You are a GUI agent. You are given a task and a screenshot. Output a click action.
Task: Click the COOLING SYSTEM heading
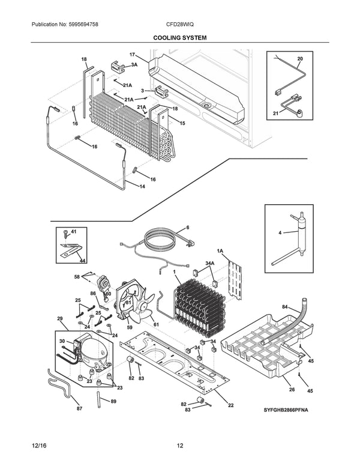[180, 37]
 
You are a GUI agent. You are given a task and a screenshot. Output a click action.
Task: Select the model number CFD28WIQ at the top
[180, 25]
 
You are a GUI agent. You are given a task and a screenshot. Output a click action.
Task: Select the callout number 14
[142, 187]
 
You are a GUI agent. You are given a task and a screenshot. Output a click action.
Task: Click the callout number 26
[292, 389]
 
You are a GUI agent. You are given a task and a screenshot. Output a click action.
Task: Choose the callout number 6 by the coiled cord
[187, 228]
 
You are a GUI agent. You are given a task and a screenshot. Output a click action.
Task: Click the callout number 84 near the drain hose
[284, 306]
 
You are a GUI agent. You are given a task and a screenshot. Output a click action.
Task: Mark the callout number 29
[60, 318]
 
